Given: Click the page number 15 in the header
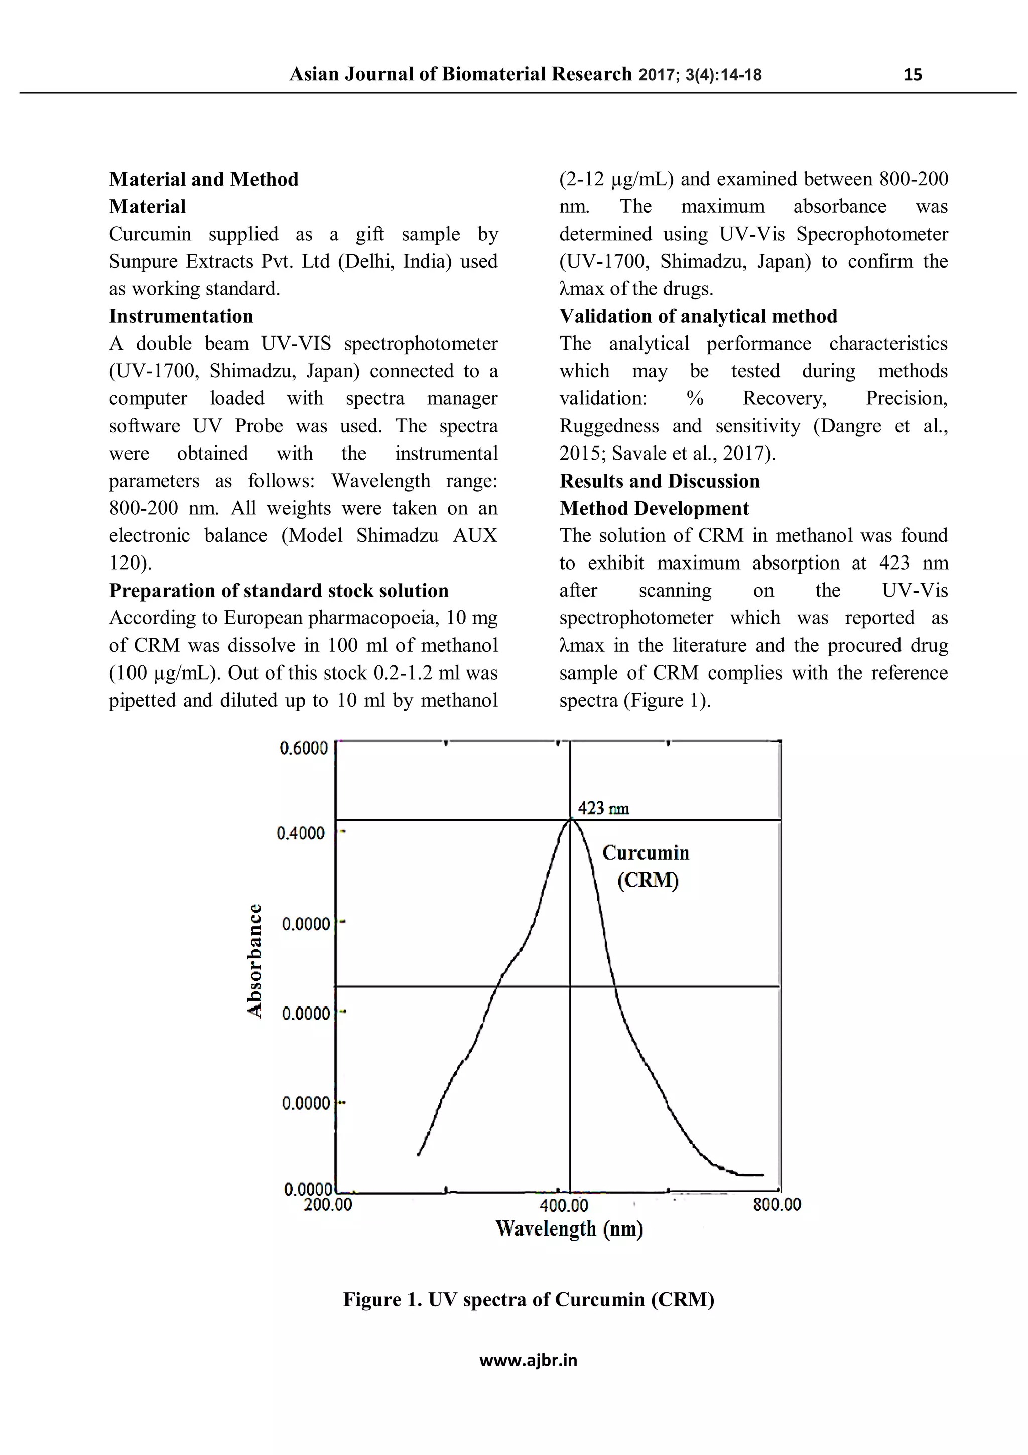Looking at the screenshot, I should pos(912,75).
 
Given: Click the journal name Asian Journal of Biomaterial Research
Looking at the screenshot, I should pos(460,74).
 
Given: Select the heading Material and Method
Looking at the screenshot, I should pos(203,179).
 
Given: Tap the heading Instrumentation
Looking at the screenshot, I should pos(181,316).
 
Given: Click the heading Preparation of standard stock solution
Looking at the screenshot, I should pos(279,591).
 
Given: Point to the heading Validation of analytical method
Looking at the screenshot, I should pos(698,316).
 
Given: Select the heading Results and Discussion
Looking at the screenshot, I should pos(660,481).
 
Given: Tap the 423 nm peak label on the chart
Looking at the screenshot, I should pos(603,808).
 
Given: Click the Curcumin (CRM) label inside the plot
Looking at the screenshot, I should pos(646,866).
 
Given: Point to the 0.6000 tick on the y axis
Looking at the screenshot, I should pos(303,748).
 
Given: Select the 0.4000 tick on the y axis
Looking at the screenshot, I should pos(300,833).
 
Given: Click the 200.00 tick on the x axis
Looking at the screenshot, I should pos(327,1204).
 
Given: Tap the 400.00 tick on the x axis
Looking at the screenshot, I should pos(564,1205).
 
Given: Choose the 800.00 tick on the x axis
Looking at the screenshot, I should pos(777,1204).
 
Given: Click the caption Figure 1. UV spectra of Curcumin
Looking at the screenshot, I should pos(528,1300).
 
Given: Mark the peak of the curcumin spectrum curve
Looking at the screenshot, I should pos(571,819).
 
